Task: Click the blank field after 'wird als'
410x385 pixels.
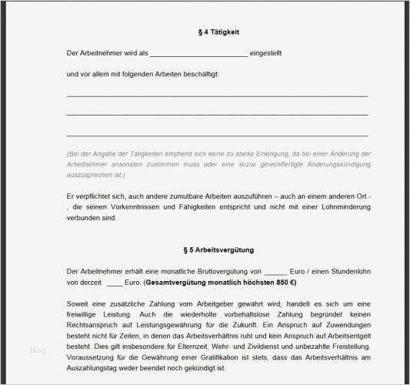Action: click(198, 54)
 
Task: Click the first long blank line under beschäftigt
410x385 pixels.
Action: click(217, 95)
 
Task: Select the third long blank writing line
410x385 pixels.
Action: click(217, 136)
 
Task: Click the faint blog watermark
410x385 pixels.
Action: click(38, 350)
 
